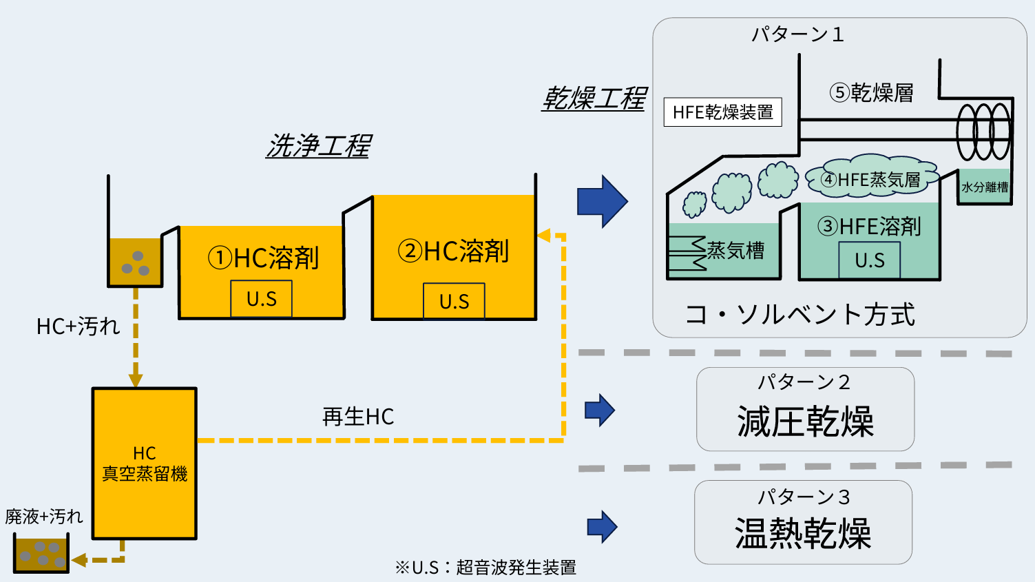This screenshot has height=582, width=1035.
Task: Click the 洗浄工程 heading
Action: [x=319, y=146]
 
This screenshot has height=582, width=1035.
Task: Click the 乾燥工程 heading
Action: [x=594, y=98]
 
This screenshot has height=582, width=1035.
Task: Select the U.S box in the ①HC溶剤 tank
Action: [x=262, y=299]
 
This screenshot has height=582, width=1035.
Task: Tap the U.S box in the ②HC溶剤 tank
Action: [x=454, y=302]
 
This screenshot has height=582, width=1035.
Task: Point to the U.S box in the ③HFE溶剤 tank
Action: [x=869, y=260]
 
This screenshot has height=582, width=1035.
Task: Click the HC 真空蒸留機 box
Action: [x=145, y=464]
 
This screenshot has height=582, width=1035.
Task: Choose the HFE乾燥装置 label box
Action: [x=722, y=112]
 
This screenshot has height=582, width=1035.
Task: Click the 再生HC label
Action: [x=358, y=417]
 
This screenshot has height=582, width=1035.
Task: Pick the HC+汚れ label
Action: [x=78, y=326]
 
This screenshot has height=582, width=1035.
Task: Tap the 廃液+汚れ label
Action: [x=44, y=516]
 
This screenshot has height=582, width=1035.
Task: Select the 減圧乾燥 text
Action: [x=805, y=422]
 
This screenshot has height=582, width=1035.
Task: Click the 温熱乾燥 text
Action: [x=803, y=534]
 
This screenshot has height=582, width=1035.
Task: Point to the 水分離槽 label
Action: [x=985, y=187]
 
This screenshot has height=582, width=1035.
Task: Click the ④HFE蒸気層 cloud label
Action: [x=871, y=180]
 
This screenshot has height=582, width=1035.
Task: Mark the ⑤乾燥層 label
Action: [x=872, y=92]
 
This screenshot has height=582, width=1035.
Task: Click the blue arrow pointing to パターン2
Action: [x=599, y=410]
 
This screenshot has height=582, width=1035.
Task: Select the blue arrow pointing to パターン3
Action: [x=602, y=527]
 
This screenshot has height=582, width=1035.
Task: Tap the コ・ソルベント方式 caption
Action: [x=799, y=314]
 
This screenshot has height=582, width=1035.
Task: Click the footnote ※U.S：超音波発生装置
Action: [x=485, y=568]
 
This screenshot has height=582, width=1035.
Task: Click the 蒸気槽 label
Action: [x=735, y=250]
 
